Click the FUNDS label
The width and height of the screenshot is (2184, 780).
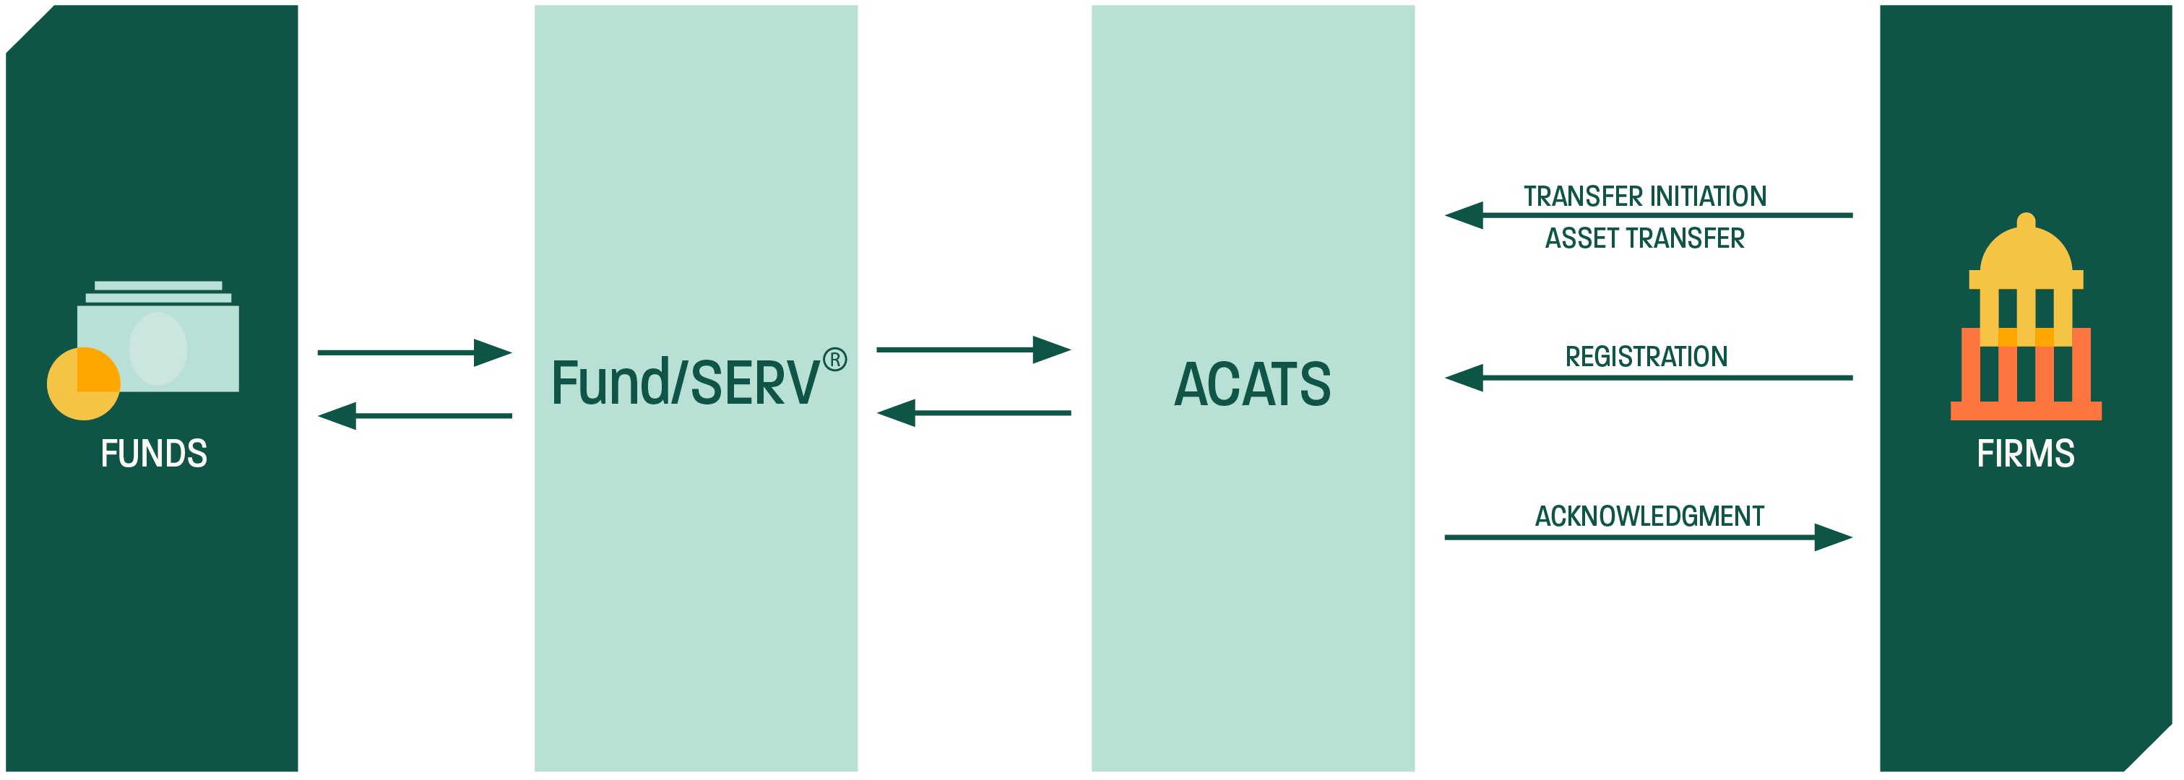pos(153,454)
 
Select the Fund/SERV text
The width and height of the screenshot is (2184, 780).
pos(685,383)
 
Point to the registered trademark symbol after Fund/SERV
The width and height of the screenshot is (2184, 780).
pos(834,360)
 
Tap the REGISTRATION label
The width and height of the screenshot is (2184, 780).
pos(1646,357)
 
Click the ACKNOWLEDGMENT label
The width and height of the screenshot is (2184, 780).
pos(1649,516)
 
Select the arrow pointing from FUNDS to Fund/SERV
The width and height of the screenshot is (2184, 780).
pos(414,352)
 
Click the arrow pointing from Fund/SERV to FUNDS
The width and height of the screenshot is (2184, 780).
pos(414,415)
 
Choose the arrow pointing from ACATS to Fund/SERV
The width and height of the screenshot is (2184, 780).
pos(973,413)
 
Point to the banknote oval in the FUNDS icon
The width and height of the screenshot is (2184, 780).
pos(157,348)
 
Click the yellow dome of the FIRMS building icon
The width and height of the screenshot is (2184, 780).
pos(2026,251)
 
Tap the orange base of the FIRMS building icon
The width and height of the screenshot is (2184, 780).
pos(2026,411)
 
